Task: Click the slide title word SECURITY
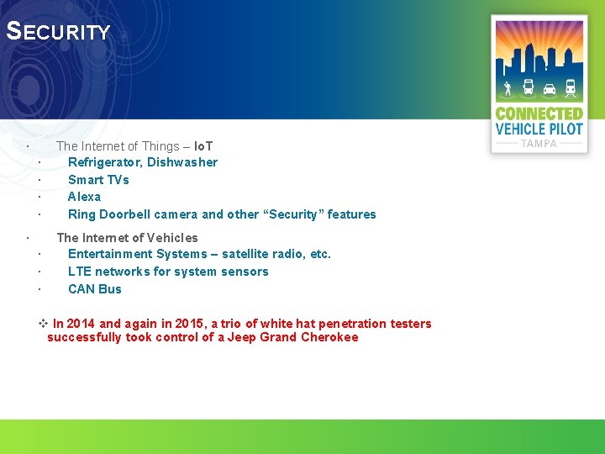[58, 32]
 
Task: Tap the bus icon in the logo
[528, 87]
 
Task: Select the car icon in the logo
[550, 88]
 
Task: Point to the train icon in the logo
[571, 87]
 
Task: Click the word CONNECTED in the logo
[539, 113]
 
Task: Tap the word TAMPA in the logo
[539, 144]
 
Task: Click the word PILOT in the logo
[566, 129]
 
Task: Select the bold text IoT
[203, 146]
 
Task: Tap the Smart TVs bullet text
[98, 180]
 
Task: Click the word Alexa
[84, 197]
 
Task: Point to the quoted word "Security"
[293, 214]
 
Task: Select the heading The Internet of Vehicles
[127, 238]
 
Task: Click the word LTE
[80, 272]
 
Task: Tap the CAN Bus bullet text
[95, 289]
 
